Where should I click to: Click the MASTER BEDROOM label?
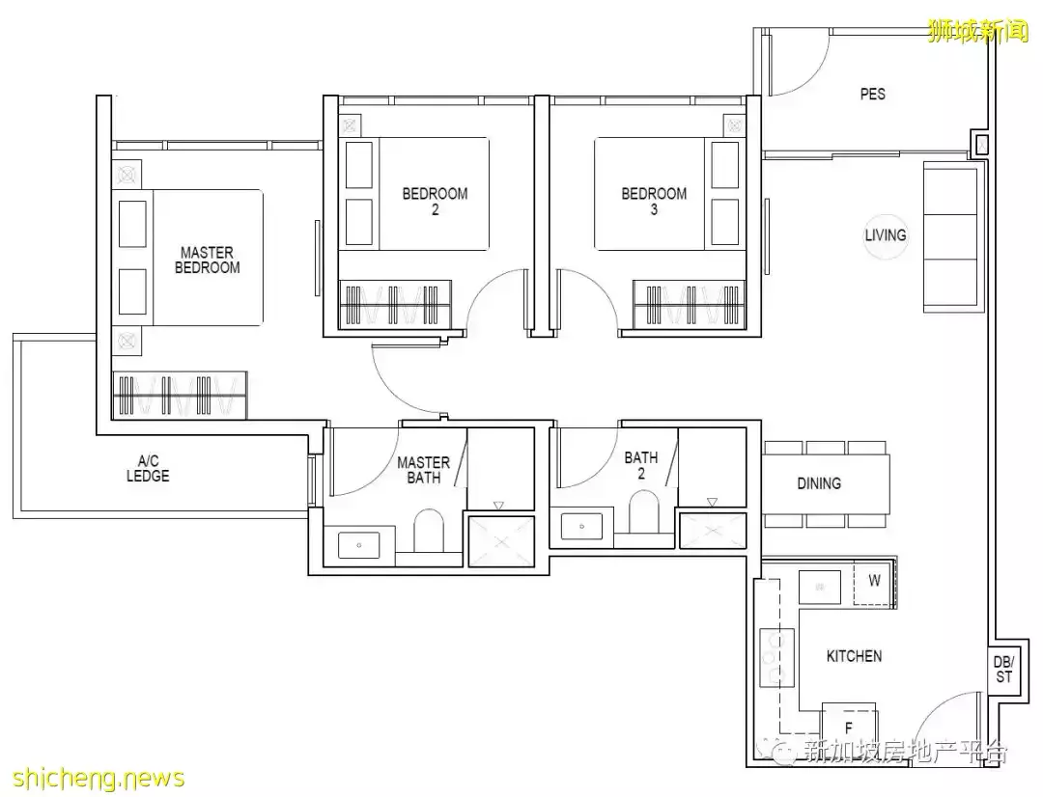(x=207, y=260)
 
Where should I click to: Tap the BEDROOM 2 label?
(x=435, y=202)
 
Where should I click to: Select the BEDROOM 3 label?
(x=654, y=202)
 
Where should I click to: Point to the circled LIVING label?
(x=886, y=235)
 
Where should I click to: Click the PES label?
(x=873, y=95)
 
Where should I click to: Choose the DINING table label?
(x=819, y=483)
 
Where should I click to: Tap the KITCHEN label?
(x=854, y=656)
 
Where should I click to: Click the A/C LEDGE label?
(x=148, y=468)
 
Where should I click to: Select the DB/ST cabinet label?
(x=1003, y=670)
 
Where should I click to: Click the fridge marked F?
(x=849, y=728)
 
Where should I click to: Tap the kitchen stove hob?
(x=776, y=657)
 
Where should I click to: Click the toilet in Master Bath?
(x=429, y=530)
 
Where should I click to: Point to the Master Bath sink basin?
(x=358, y=545)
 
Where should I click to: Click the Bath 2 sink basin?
(x=581, y=526)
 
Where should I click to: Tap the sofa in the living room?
(x=953, y=237)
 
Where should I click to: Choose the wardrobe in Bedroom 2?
(x=395, y=305)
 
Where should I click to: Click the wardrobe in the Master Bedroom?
(x=180, y=395)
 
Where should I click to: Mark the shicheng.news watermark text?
(x=99, y=778)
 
